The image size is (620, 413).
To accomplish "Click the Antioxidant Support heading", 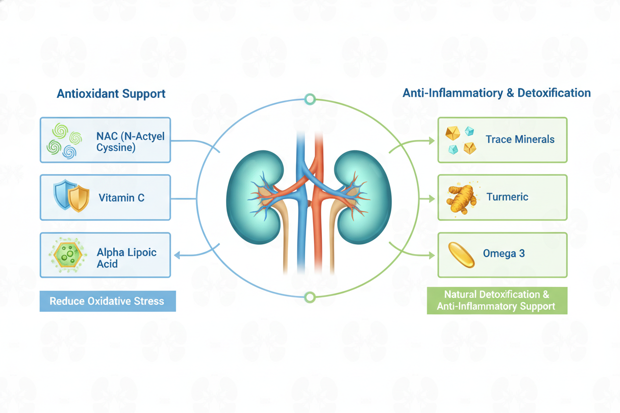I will click(x=111, y=94).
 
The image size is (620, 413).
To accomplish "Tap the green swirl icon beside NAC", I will click(x=64, y=140).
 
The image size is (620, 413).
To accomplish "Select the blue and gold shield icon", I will click(x=72, y=196).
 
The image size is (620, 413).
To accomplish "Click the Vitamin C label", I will click(x=121, y=198).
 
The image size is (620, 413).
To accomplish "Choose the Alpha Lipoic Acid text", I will click(x=126, y=258).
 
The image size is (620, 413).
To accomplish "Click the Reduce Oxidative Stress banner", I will click(x=107, y=301).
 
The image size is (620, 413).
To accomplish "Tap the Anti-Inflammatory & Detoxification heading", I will click(x=496, y=93).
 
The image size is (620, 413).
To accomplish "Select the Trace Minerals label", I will click(x=520, y=139).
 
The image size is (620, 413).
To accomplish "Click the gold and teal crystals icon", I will click(x=461, y=140).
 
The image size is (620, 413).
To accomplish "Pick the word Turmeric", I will click(x=507, y=197).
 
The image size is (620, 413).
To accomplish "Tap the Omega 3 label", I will click(x=504, y=254).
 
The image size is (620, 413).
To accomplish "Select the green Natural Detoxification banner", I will click(x=497, y=301).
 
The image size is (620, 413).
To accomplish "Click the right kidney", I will click(x=364, y=198).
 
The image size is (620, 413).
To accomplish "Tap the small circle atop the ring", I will click(x=310, y=99).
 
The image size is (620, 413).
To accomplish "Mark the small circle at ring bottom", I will click(x=310, y=297).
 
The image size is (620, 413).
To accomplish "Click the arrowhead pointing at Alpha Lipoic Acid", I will click(x=177, y=255).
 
